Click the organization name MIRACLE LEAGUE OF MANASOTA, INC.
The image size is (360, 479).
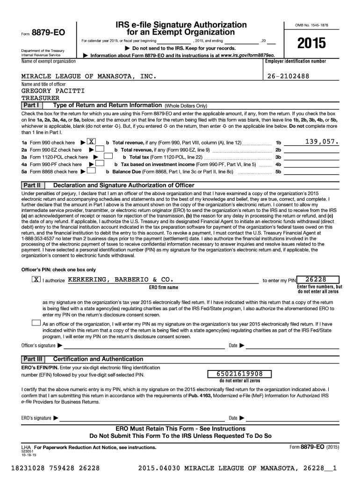pos(88,76)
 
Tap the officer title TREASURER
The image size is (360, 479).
pos(41,98)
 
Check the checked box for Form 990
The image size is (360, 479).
pos(92,142)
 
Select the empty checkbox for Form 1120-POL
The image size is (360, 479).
pos(108,157)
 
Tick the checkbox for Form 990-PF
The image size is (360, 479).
pos(100,164)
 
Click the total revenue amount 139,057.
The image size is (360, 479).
pos(322,141)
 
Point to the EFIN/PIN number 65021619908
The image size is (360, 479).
pos(240,374)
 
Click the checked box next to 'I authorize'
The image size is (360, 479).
pos(36,280)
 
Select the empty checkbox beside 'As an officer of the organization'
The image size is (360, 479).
pos(36,323)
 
